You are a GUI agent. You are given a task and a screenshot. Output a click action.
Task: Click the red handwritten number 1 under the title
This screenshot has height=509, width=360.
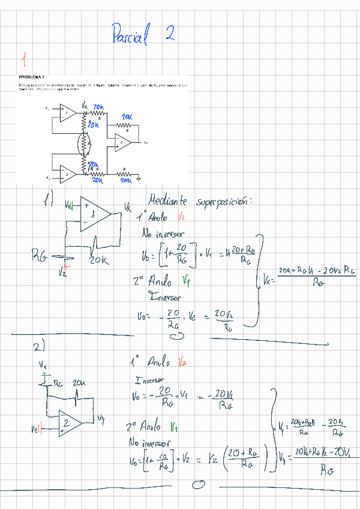23,60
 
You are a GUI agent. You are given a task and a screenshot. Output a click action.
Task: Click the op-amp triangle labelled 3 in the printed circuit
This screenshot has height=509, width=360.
123,143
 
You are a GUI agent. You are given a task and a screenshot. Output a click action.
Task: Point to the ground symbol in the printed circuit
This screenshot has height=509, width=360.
139,178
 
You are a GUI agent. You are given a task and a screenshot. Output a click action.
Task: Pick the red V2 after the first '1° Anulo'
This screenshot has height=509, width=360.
182,217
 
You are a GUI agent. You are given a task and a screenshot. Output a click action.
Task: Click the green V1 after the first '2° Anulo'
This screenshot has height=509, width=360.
185,280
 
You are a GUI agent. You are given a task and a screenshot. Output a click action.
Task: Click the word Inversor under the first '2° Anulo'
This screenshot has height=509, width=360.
167,297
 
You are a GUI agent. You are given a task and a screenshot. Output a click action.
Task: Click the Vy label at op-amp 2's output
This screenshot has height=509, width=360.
101,418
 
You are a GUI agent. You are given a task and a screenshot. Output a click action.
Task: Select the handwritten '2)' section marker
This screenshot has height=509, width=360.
41,347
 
